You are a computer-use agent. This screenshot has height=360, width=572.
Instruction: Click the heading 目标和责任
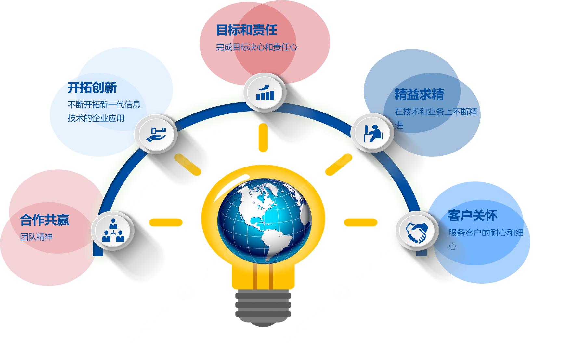pyautogui.click(x=247, y=30)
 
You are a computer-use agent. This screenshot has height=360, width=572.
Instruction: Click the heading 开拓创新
pyautogui.click(x=92, y=87)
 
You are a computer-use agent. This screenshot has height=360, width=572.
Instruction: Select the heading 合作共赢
pyautogui.click(x=45, y=220)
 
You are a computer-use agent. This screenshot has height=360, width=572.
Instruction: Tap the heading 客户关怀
pyautogui.click(x=473, y=216)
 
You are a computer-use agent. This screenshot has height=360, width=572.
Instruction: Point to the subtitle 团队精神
pyautogui.click(x=36, y=237)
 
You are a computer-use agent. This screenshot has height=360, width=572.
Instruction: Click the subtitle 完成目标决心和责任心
pyautogui.click(x=256, y=47)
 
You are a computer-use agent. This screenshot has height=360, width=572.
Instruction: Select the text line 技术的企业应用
pyautogui.click(x=96, y=118)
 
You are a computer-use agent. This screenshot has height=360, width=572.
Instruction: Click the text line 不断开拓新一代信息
pyautogui.click(x=104, y=105)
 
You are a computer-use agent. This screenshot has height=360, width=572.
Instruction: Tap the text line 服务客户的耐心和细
pyautogui.click(x=486, y=233)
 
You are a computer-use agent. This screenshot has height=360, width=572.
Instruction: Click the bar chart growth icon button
pyautogui.click(x=265, y=92)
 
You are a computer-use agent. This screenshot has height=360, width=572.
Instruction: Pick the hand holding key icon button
pyautogui.click(x=156, y=134)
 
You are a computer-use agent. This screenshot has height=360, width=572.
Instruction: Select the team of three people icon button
pyautogui.click(x=113, y=231)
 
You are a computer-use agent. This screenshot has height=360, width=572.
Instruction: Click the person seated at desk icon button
pyautogui.click(x=372, y=133)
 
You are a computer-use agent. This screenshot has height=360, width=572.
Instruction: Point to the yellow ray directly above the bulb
pyautogui.click(x=263, y=137)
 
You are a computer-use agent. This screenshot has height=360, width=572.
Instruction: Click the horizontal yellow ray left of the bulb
pyautogui.click(x=166, y=222)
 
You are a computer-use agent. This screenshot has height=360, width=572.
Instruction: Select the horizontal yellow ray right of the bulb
pyautogui.click(x=361, y=222)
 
